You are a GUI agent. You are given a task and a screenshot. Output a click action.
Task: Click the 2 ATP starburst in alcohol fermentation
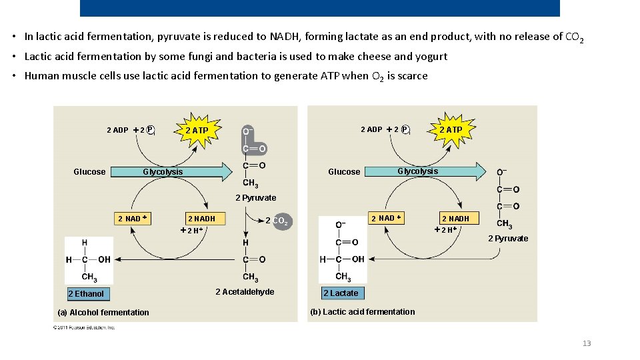coord(197,130)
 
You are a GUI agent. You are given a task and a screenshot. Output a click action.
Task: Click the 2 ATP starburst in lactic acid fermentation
coord(451,129)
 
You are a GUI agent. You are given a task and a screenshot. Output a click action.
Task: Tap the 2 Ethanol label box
coord(87,294)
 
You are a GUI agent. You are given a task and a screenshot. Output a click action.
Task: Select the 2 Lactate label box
coord(341,293)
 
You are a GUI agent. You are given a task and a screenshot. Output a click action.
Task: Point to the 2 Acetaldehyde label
coord(245,292)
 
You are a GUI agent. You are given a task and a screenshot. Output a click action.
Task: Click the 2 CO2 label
coord(277,221)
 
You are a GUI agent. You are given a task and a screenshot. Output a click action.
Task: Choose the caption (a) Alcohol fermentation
coord(103,312)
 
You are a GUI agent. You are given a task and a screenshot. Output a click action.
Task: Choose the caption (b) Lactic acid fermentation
coord(362,311)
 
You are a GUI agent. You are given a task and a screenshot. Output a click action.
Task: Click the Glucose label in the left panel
coord(89,172)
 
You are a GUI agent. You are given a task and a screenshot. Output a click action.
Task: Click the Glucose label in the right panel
coord(344,172)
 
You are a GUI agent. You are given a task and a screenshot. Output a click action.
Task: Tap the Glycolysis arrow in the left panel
coord(173,172)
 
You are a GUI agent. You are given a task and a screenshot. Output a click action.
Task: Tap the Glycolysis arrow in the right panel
coord(427,171)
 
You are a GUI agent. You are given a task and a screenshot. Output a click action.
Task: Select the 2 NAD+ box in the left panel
coord(132,219)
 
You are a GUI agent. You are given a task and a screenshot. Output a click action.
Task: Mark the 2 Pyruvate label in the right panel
coord(508,239)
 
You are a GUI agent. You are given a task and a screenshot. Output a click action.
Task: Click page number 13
coord(587,343)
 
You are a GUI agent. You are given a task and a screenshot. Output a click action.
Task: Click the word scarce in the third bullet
coord(413,76)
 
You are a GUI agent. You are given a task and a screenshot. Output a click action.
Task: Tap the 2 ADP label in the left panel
coord(117,130)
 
